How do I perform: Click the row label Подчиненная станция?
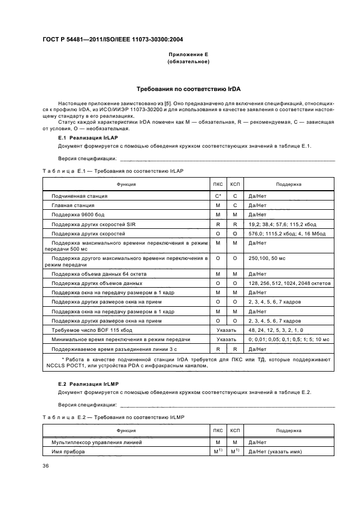(x=80, y=196)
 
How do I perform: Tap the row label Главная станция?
(x=73, y=205)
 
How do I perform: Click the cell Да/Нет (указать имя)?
(x=275, y=451)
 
